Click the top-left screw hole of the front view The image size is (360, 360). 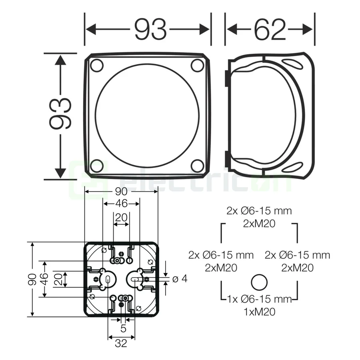(96, 65)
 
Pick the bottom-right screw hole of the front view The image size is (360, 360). (197, 165)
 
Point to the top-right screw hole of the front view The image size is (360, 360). (197, 65)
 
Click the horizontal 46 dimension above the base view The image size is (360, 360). (121, 204)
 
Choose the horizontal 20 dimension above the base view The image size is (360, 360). (121, 218)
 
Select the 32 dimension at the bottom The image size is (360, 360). (122, 343)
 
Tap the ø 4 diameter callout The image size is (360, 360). (180, 279)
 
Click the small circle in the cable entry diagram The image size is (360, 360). (259, 283)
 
